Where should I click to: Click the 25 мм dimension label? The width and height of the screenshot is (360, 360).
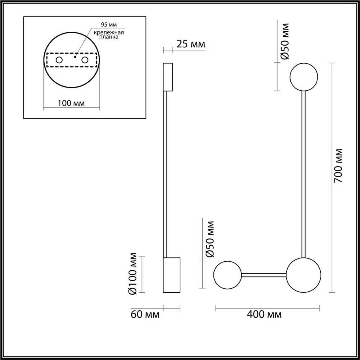[x=190, y=44]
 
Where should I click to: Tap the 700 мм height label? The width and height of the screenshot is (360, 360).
[x=338, y=166]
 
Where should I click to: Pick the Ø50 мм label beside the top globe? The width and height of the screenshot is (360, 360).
[x=284, y=41]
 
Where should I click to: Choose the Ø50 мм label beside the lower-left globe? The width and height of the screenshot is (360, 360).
[x=210, y=239]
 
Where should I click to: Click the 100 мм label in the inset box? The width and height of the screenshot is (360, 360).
[x=71, y=103]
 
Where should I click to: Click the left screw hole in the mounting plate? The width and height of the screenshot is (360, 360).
[x=59, y=60]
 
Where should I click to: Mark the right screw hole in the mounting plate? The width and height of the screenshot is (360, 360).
[x=85, y=60]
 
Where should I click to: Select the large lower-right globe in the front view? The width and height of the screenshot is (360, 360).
[x=304, y=275]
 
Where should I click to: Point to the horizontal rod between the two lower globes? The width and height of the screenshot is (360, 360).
[x=264, y=274]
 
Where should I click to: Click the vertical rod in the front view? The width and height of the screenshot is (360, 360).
[x=304, y=174]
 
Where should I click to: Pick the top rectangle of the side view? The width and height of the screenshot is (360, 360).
[x=168, y=77]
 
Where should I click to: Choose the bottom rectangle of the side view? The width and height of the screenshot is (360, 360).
[x=171, y=275]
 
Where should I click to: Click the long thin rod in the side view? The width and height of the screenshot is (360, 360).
[x=165, y=174]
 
